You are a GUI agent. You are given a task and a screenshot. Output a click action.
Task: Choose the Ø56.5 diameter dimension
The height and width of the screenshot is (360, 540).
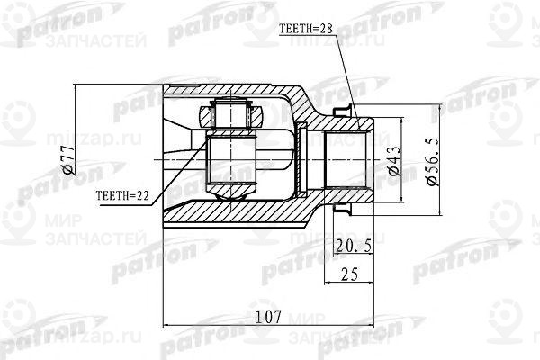point(431,166)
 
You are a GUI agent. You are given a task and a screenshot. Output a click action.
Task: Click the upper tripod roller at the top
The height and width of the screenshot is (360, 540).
point(231,114)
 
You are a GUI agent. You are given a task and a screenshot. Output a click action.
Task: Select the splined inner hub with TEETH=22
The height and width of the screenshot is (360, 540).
point(230,153)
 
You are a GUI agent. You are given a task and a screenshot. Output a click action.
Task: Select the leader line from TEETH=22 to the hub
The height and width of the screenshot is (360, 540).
point(180,176)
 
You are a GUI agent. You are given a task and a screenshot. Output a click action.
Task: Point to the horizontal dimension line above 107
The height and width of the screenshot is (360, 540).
point(270,325)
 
